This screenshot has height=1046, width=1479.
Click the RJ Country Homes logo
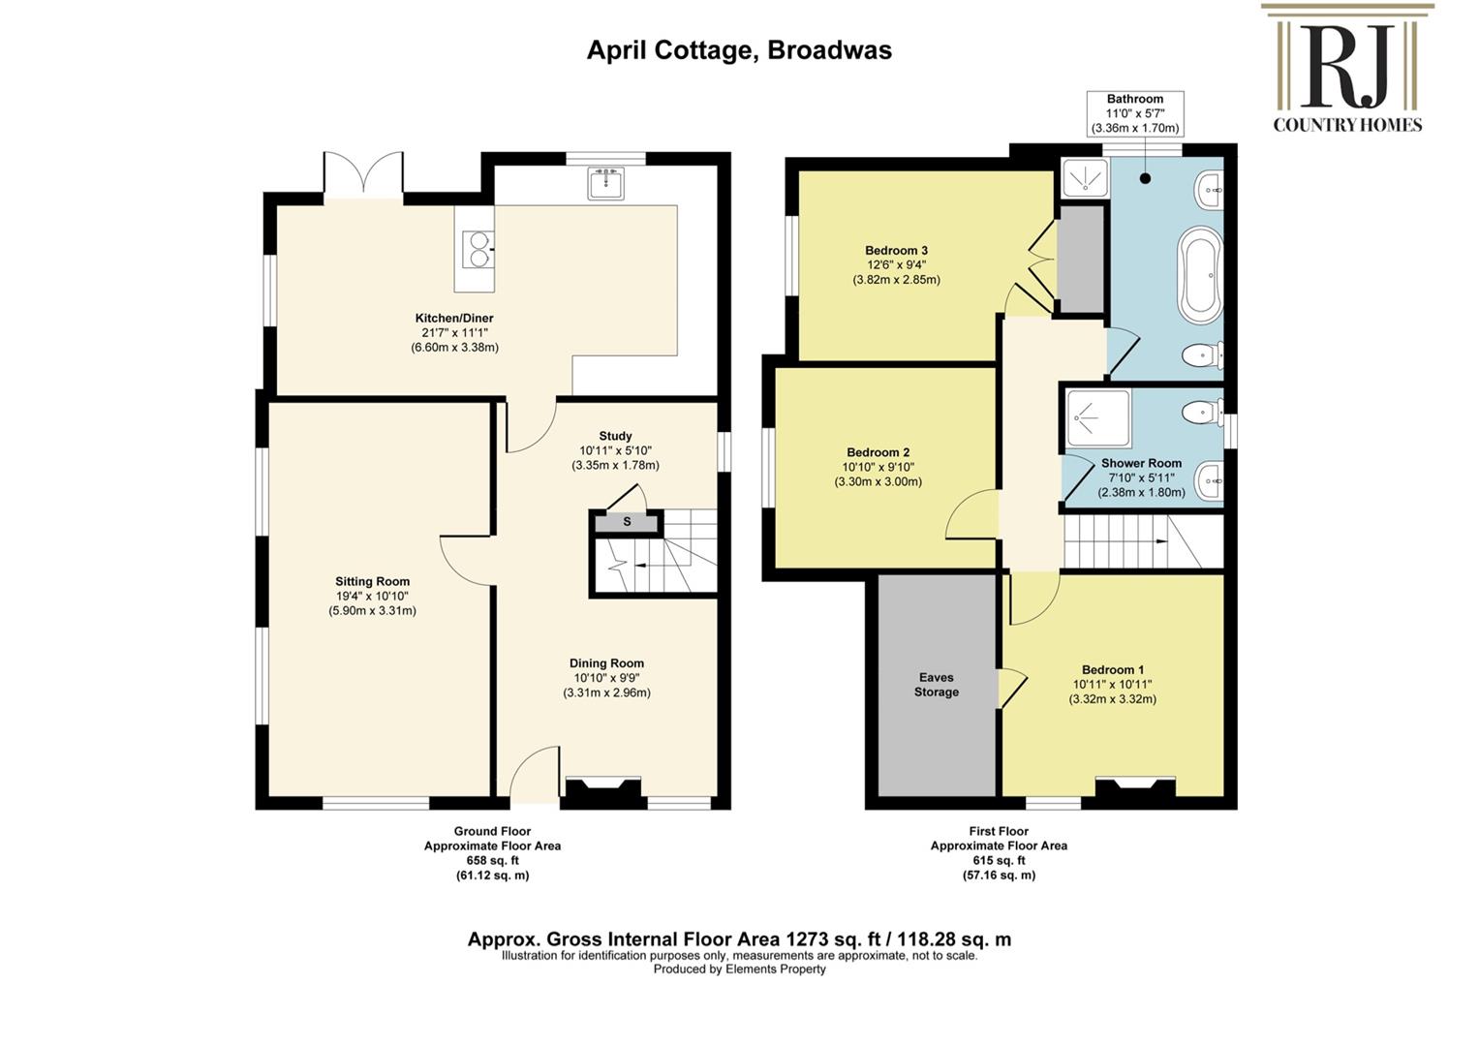(1347, 68)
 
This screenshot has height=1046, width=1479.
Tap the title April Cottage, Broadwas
(740, 50)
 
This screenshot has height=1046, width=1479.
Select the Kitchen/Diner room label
(454, 318)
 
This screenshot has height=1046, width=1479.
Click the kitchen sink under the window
(605, 183)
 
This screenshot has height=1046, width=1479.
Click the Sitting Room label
(372, 581)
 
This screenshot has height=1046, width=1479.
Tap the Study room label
(615, 436)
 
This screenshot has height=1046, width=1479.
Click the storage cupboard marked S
(627, 523)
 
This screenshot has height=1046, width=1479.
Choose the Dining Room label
(606, 663)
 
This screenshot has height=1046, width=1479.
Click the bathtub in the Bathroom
(1202, 276)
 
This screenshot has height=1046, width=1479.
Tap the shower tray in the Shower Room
(1099, 417)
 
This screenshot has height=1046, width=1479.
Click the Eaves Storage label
(937, 684)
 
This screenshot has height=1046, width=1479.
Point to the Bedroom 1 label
(1113, 669)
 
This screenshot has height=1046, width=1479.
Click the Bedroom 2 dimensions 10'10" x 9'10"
(878, 467)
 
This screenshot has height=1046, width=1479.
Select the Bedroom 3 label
(897, 250)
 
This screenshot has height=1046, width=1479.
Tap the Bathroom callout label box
(1135, 113)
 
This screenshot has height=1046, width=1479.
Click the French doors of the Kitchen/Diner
(363, 175)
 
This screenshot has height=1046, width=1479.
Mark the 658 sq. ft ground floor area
(493, 860)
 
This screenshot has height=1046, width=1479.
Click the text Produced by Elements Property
(740, 969)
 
